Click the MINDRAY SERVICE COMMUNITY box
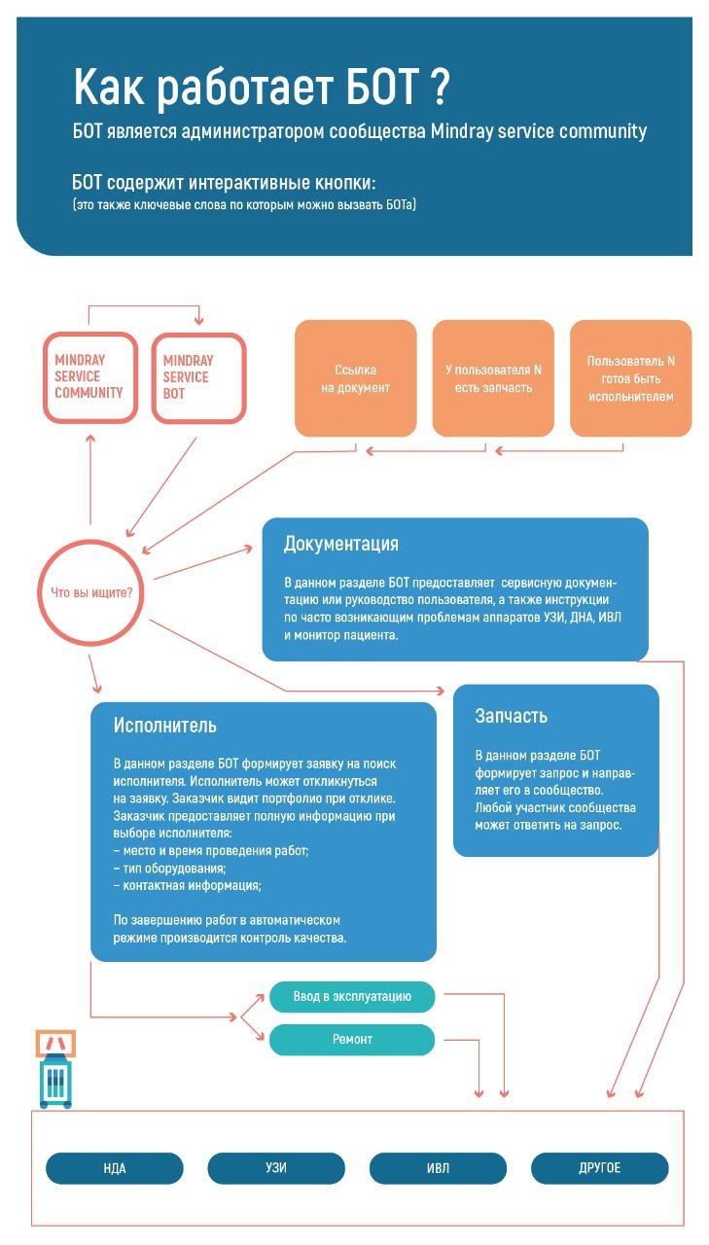(90, 377)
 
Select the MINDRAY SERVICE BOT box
(198, 377)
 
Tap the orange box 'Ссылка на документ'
(355, 378)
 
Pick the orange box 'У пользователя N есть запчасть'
(493, 378)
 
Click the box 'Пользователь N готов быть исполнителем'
(630, 378)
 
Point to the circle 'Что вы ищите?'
(91, 592)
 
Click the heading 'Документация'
(340, 544)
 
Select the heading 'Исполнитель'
(164, 726)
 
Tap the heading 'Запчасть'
(511, 716)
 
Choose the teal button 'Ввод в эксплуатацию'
(352, 997)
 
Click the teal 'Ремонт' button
(352, 1040)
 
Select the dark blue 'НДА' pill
(115, 1168)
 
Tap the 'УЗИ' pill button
(276, 1168)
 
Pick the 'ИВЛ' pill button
(438, 1168)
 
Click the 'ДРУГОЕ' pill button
(599, 1168)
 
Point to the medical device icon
(55, 1070)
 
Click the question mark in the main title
(439, 89)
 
